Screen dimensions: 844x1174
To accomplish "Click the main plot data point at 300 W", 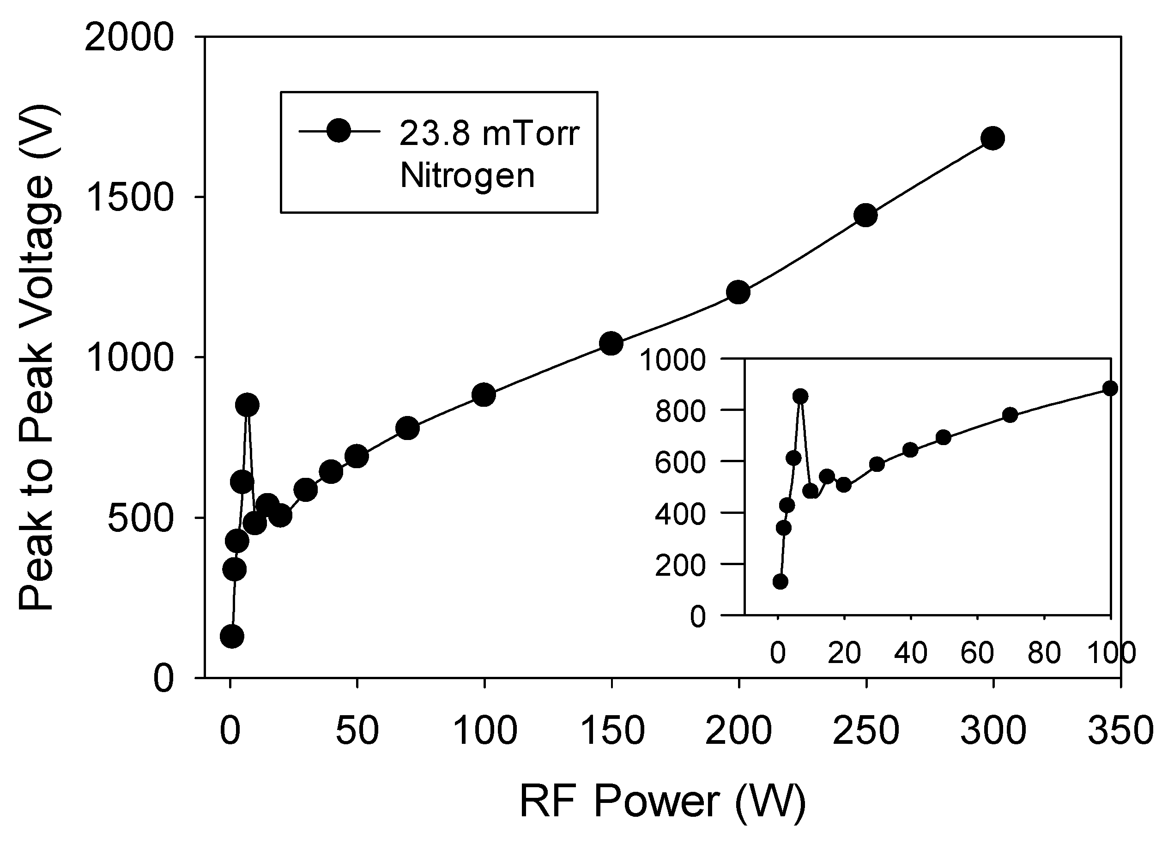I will click(x=993, y=138).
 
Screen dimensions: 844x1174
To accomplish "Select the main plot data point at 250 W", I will click(x=865, y=215).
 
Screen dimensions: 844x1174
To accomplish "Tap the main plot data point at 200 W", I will click(x=738, y=292).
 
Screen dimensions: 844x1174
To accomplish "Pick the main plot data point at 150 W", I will click(x=611, y=343).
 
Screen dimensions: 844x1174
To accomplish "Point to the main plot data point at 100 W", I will click(x=484, y=395).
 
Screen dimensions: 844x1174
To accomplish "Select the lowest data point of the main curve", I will click(x=232, y=636).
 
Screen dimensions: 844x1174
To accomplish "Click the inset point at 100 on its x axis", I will click(x=1110, y=388).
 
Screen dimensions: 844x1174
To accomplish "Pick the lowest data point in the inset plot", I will click(x=781, y=582).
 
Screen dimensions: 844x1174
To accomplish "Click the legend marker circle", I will click(x=339, y=132).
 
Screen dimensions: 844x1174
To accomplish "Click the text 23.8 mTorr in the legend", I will click(x=489, y=133).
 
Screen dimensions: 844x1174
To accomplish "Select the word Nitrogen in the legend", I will click(x=467, y=176).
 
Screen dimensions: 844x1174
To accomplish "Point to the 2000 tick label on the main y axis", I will click(x=128, y=38).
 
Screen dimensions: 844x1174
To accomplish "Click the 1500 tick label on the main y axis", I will click(x=128, y=198).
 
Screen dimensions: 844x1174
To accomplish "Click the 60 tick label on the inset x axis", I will click(x=977, y=652).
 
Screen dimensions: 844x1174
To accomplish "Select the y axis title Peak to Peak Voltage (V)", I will click(x=37, y=357).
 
